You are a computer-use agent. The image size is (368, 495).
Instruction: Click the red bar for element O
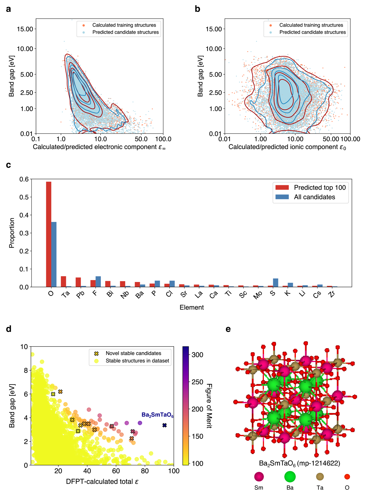click(x=49, y=234)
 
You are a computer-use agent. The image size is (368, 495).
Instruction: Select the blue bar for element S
click(x=276, y=283)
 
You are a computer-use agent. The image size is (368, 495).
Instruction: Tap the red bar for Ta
click(x=63, y=281)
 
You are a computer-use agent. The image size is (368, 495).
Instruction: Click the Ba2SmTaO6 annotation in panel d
click(x=157, y=415)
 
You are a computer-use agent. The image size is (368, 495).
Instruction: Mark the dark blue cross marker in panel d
click(x=164, y=425)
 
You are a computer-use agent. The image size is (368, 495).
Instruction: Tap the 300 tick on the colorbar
click(x=197, y=355)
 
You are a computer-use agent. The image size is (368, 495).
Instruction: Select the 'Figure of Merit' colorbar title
click(x=209, y=406)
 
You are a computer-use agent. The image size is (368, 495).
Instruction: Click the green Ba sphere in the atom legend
click(x=290, y=477)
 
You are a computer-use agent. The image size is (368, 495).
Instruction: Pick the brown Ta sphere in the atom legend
click(x=320, y=477)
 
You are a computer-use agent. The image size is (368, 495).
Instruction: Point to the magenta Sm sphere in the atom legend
click(x=259, y=477)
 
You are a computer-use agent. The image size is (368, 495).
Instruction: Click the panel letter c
click(x=9, y=165)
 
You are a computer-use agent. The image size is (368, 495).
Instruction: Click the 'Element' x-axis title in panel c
click(x=192, y=307)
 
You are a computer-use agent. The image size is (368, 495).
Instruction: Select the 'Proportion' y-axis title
click(x=12, y=233)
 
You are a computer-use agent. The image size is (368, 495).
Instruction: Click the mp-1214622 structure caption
click(x=299, y=463)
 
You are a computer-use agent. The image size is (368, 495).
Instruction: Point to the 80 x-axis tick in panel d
click(x=145, y=471)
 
